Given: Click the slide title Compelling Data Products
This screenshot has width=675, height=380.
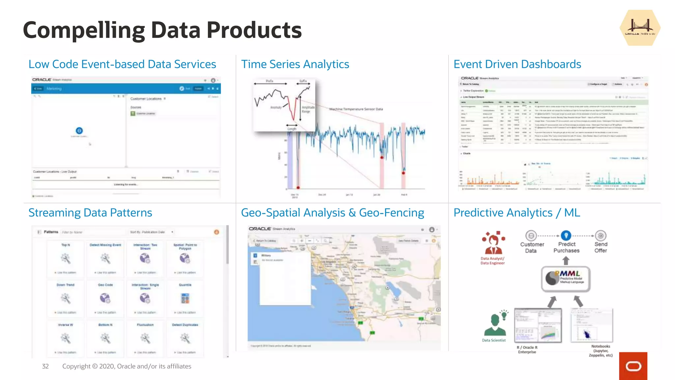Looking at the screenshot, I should [162, 30].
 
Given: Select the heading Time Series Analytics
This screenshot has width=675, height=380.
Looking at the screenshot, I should [295, 64].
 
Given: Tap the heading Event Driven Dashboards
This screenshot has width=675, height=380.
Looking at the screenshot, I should [517, 64].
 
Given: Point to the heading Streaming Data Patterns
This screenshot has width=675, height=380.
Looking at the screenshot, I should [90, 213].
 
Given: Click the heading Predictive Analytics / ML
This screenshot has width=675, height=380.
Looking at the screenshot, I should [516, 213].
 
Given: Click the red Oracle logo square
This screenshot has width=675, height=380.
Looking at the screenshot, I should [633, 366].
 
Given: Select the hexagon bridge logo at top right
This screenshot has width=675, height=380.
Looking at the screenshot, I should [640, 28].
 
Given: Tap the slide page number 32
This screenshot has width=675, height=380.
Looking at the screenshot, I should [45, 366].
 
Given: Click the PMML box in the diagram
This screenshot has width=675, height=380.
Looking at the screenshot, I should [566, 279].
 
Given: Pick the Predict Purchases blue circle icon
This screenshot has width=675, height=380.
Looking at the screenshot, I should [566, 236].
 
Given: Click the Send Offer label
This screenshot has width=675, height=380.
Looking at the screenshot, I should [601, 247].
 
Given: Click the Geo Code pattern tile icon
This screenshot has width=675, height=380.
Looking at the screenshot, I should [105, 299].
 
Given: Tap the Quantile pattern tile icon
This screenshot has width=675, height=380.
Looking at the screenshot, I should [185, 299].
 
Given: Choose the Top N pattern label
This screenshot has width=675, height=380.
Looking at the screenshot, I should [66, 245].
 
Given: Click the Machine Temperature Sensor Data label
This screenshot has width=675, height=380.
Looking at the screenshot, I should [356, 109].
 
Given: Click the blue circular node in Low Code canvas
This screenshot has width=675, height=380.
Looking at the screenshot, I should [79, 131].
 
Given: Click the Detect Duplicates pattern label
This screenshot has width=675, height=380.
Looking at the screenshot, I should [185, 325].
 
